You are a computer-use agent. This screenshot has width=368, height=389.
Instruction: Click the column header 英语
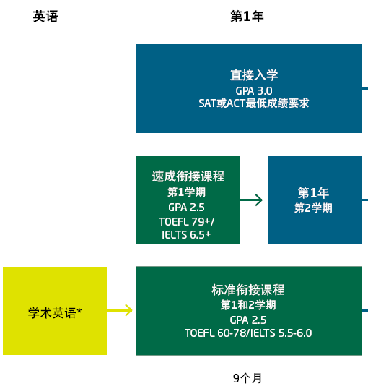click(45, 17)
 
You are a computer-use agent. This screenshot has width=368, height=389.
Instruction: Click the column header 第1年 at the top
click(247, 17)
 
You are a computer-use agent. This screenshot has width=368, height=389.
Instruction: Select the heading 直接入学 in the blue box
click(254, 75)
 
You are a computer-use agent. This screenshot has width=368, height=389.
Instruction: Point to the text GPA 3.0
click(254, 91)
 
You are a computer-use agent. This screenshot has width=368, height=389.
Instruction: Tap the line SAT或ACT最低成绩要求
click(254, 103)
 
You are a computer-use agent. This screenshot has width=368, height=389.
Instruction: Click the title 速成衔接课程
click(188, 176)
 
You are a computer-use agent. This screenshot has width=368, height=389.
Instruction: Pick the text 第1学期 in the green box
click(186, 192)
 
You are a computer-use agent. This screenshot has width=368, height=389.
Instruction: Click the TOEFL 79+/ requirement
click(186, 222)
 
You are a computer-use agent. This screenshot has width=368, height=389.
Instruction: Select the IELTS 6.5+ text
click(186, 235)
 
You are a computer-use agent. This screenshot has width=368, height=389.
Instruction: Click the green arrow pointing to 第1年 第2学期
click(251, 200)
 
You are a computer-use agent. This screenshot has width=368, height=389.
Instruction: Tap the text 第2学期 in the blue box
click(313, 208)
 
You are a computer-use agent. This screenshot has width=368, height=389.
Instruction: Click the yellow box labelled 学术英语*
click(55, 311)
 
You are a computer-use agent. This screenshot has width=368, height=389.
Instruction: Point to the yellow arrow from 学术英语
click(120, 310)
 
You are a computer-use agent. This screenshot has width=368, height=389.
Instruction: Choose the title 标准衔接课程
click(248, 290)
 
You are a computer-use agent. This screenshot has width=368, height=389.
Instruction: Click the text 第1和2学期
click(248, 305)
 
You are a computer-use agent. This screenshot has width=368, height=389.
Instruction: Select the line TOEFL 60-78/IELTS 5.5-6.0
click(248, 333)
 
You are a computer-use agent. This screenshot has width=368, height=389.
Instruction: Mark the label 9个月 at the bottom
click(247, 378)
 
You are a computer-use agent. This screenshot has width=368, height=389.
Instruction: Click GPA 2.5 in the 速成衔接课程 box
click(186, 208)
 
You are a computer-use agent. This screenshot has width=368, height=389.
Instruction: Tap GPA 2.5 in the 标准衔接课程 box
click(248, 320)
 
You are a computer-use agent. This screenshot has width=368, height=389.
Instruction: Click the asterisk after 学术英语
click(79, 310)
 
